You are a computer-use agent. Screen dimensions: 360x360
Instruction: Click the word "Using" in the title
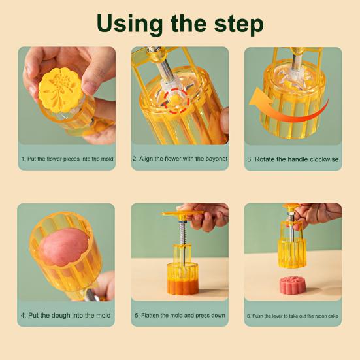[130, 24]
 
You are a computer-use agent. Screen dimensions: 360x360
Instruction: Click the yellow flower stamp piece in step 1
[59, 90]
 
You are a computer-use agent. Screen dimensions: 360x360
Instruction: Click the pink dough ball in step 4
[63, 247]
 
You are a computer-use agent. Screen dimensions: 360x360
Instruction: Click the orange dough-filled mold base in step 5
[182, 279]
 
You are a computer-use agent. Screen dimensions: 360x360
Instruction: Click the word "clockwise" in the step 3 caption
[325, 159]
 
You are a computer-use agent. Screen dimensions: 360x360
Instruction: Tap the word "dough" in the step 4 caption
[61, 315]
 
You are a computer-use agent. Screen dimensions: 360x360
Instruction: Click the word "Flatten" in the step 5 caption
[150, 315]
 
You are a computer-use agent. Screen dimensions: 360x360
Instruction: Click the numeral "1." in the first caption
[24, 159]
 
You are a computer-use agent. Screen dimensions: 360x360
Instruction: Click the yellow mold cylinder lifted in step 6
[292, 254]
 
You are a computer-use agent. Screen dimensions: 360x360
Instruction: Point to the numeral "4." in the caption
[23, 315]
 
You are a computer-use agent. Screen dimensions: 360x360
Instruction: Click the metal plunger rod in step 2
[165, 69]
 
